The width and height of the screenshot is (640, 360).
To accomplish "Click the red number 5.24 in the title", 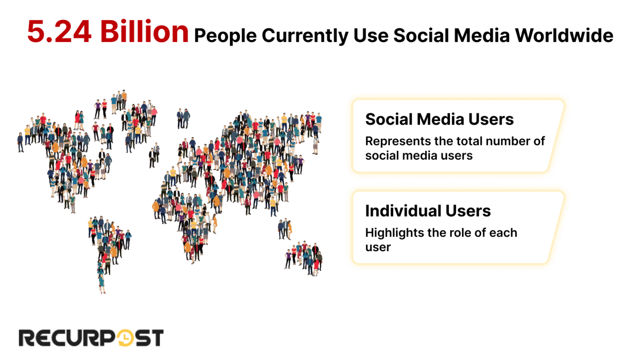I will (59, 32).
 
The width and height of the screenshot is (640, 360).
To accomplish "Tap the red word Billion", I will (144, 32).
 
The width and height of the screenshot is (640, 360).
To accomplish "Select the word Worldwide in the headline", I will (564, 35).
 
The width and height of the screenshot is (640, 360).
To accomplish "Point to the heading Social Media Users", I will (439, 119).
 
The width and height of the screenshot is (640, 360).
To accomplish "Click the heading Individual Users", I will (428, 211).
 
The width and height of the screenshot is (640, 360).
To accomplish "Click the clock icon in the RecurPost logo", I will (125, 338).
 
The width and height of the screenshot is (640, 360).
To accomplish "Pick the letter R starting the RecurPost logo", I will (28, 338).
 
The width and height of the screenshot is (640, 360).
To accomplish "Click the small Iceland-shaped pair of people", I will (183, 118).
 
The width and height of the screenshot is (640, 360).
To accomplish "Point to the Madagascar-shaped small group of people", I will (285, 229).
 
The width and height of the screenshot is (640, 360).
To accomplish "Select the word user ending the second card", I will (378, 247).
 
